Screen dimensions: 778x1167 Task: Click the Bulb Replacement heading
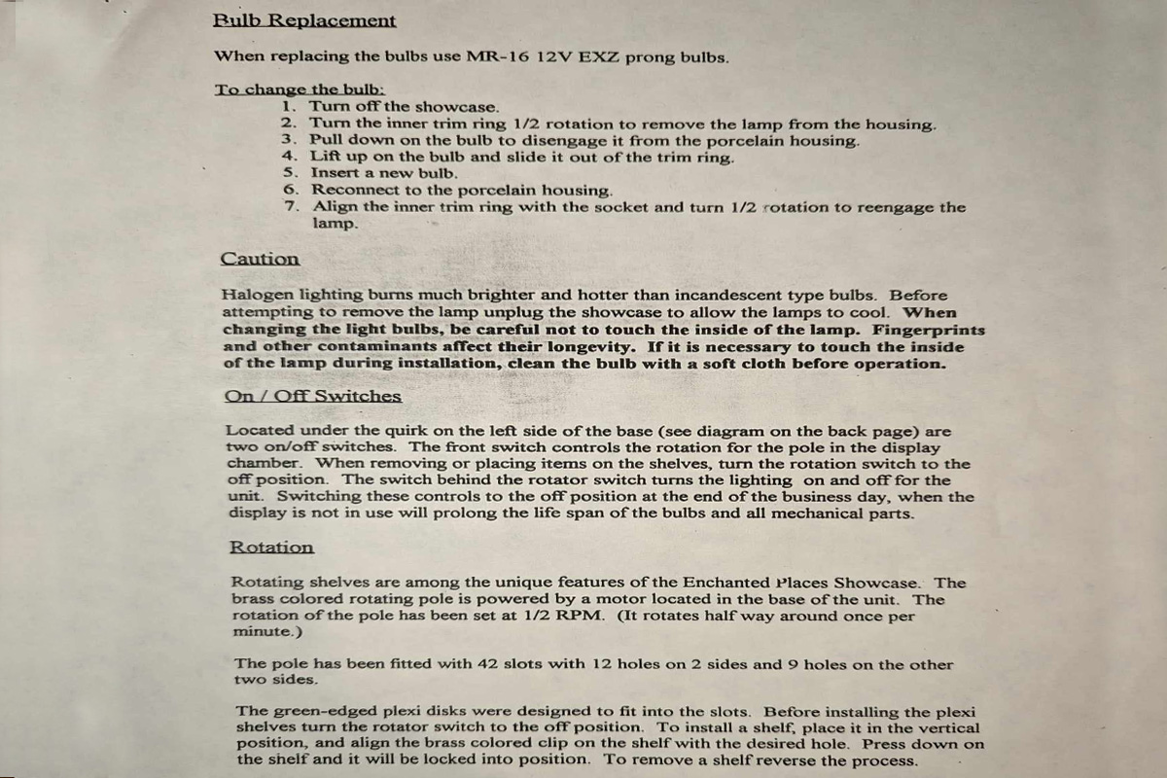click(x=304, y=20)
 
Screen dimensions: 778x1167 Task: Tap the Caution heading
click(x=260, y=259)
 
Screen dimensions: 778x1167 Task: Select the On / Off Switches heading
click(x=312, y=396)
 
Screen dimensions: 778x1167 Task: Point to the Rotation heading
click(x=271, y=548)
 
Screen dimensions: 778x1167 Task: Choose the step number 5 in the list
click(x=290, y=173)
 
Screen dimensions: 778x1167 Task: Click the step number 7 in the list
click(x=291, y=206)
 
